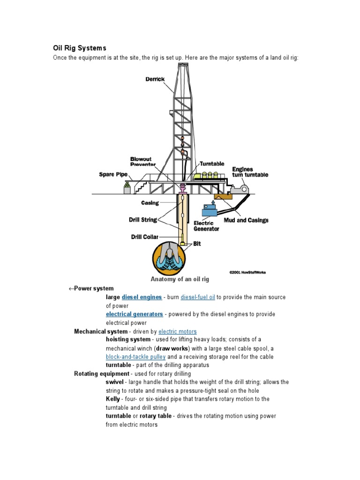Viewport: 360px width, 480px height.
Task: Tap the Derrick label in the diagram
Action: pyautogui.click(x=155, y=79)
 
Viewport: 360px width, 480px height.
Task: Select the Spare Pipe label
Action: pyautogui.click(x=113, y=174)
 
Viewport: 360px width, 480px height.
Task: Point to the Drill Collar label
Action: pyautogui.click(x=144, y=237)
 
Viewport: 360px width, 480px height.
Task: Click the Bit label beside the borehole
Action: pyautogui.click(x=197, y=244)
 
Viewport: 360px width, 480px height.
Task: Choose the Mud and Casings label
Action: pyautogui.click(x=249, y=220)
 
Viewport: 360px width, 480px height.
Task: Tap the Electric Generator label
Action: pyautogui.click(x=206, y=226)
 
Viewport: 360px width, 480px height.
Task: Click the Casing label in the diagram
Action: pyautogui.click(x=150, y=203)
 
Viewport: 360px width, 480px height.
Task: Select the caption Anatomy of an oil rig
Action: pyautogui.click(x=180, y=279)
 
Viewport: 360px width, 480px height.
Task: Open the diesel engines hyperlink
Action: pyautogui.click(x=142, y=297)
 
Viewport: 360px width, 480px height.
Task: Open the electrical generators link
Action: pyautogui.click(x=134, y=314)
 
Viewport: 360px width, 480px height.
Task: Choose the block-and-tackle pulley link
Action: pyautogui.click(x=135, y=357)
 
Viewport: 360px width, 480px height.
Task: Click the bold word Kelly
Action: pyautogui.click(x=113, y=399)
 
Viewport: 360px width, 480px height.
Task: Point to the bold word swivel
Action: pyautogui.click(x=114, y=382)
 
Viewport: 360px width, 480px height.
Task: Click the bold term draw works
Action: pyautogui.click(x=172, y=348)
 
